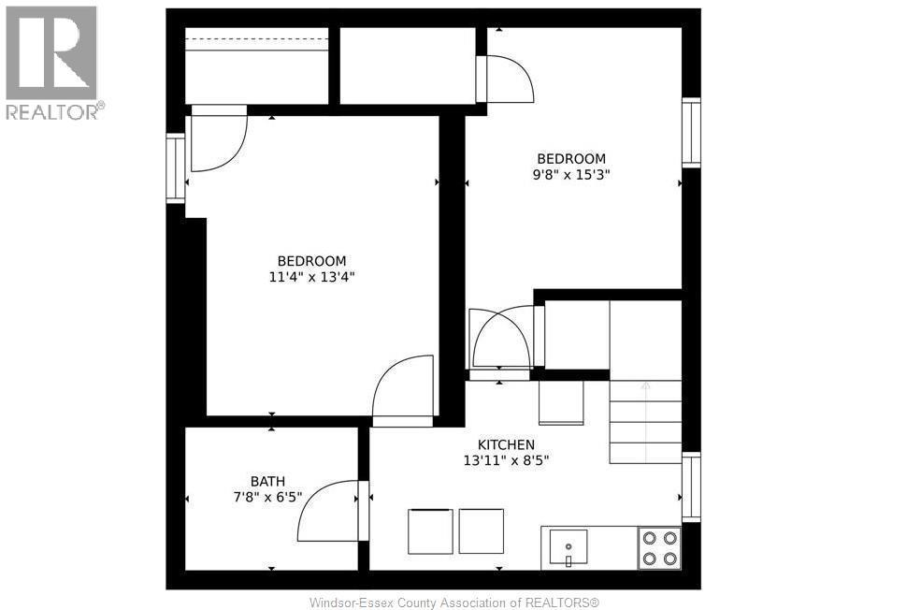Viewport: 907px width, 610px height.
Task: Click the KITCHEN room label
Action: coord(506,444)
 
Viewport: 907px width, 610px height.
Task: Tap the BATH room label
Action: coord(267,482)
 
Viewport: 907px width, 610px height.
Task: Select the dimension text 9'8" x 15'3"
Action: coord(570,174)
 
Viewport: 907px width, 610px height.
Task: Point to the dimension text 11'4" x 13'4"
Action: coord(311,276)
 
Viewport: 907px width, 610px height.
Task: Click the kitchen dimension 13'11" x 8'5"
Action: coord(506,460)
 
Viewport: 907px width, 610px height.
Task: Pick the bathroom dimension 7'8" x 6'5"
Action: coord(267,498)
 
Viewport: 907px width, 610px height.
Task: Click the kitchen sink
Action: coord(568,546)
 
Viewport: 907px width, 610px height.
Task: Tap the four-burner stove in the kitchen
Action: coord(659,548)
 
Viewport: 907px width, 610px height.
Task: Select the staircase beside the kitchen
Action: coord(645,421)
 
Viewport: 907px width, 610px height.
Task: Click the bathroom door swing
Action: coord(329,512)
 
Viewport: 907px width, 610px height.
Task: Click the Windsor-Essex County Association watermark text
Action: coord(453,602)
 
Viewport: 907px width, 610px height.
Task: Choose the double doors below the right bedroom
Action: coord(503,339)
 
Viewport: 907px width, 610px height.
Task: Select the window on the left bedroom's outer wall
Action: coord(175,168)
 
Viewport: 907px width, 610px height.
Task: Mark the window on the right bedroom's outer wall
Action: coord(691,133)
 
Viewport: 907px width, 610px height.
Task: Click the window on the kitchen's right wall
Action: coord(691,487)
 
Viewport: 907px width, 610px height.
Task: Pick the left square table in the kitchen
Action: coord(430,531)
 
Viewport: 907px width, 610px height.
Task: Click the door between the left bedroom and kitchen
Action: coord(404,391)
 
